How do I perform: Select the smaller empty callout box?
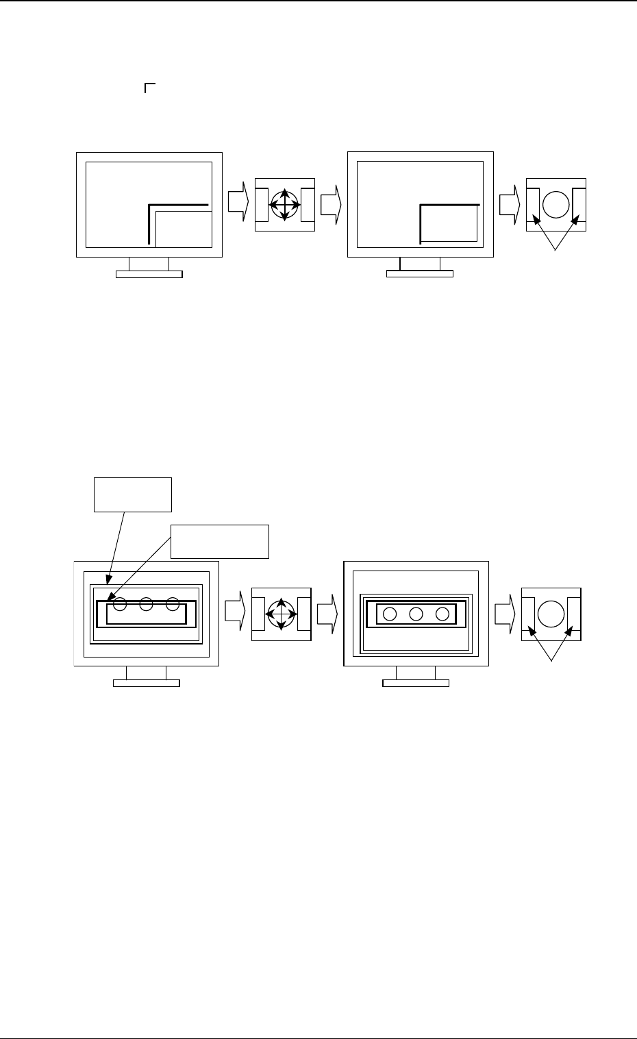pyautogui.click(x=132, y=495)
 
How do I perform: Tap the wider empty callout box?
pyautogui.click(x=220, y=542)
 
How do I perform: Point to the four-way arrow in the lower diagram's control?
pyautogui.click(x=281, y=614)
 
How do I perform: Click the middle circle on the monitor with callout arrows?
pyautogui.click(x=146, y=605)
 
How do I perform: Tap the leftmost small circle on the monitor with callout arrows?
pyautogui.click(x=120, y=605)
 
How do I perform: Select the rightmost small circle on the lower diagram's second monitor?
pyautogui.click(x=442, y=614)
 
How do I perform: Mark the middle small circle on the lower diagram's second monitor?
pyautogui.click(x=416, y=614)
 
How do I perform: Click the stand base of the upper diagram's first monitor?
pyautogui.click(x=149, y=275)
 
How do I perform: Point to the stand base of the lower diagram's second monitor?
pyautogui.click(x=416, y=683)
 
